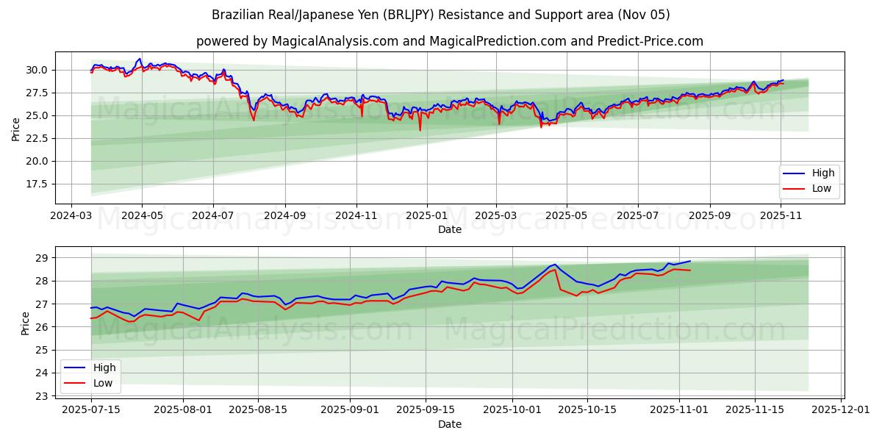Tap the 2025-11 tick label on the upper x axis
click(x=781, y=215)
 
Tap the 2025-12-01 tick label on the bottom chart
click(x=839, y=409)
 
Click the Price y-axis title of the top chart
click(x=15, y=128)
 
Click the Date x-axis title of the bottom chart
click(x=450, y=424)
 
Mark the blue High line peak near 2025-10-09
click(x=554, y=264)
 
